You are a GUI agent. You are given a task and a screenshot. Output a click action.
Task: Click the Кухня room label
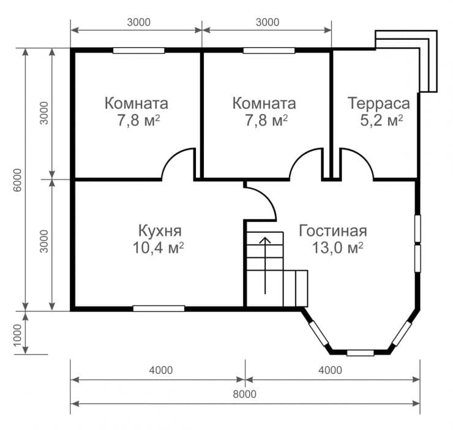[x=160, y=231]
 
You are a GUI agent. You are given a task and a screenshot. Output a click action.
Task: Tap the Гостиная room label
[x=333, y=231]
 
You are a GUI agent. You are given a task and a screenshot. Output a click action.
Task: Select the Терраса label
[x=379, y=104]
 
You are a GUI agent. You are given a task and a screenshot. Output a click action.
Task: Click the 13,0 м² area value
[x=337, y=247]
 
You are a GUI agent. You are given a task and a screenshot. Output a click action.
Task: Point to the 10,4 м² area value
[x=159, y=247]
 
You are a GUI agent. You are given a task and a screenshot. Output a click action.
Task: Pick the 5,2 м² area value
[x=381, y=120]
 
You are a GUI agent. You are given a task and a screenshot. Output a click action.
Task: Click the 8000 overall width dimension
[x=244, y=394]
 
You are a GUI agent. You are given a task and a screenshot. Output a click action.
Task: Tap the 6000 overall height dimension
[x=18, y=180]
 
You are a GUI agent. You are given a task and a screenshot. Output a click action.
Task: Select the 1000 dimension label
[x=18, y=334]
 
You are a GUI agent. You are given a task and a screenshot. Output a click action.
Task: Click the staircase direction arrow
[x=265, y=265]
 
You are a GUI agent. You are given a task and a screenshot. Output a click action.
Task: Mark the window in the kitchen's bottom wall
[x=159, y=308]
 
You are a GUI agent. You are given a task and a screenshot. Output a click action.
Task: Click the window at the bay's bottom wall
[x=360, y=353]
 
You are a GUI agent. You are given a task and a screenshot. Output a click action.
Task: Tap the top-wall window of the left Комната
[x=139, y=51]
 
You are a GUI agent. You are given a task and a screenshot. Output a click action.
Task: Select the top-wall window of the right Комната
[x=269, y=51]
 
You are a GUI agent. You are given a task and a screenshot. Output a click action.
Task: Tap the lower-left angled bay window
[x=319, y=333]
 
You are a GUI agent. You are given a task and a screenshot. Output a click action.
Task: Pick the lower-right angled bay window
[x=402, y=333]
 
